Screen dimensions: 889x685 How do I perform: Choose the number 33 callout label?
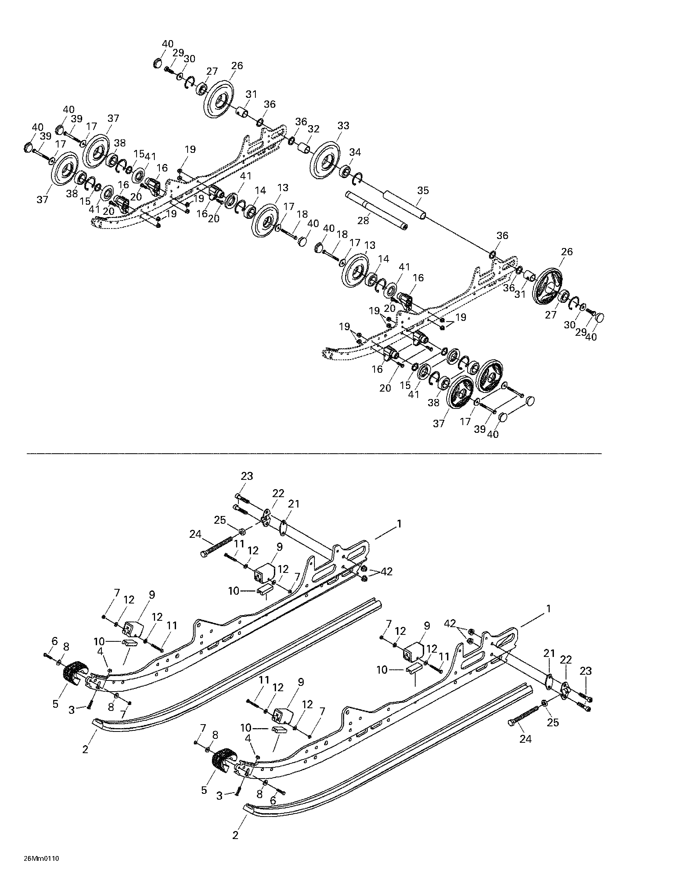tap(343, 125)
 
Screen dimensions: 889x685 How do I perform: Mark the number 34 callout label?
tap(355, 152)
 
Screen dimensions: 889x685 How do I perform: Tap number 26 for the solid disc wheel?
tap(237, 66)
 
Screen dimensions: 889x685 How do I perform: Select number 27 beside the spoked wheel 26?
tap(551, 315)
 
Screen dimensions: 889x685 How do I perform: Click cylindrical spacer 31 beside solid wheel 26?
tap(242, 111)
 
